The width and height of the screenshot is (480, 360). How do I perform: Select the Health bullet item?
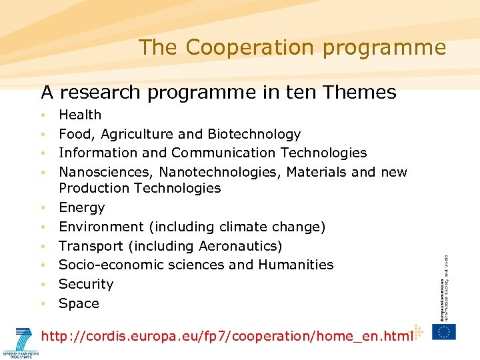tap(80, 115)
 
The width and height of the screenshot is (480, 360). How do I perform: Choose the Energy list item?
tap(81, 207)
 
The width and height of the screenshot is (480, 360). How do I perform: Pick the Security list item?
tap(86, 284)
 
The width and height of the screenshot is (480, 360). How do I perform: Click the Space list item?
tap(79, 303)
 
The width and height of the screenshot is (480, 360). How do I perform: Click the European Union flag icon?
tap(443, 331)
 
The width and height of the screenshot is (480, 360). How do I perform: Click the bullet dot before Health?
tap(43, 115)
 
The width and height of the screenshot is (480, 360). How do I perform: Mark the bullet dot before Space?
tap(43, 304)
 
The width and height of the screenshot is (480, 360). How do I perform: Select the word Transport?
tap(87, 246)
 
